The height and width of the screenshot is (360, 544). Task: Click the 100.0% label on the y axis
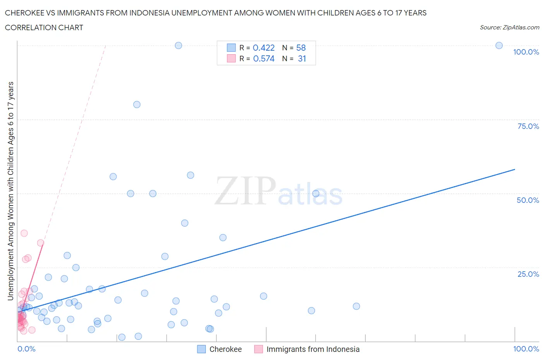pos(526,52)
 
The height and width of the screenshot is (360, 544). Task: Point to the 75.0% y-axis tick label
pos(528,126)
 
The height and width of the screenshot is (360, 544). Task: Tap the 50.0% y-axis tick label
pos(528,200)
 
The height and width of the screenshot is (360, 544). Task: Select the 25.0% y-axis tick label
pos(528,274)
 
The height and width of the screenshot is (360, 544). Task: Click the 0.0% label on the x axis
pos(26,349)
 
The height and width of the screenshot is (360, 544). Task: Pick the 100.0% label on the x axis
pos(526,349)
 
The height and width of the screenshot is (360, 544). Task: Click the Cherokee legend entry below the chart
pos(225,349)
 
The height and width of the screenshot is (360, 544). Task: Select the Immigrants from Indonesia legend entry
pos(313,349)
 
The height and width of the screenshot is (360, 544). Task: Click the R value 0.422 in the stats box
pos(263,48)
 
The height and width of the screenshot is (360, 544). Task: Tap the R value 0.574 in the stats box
pos(263,58)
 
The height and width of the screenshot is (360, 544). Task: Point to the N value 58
pos(301,48)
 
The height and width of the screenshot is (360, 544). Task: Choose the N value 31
pos(302,58)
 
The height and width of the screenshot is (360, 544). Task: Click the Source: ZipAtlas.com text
pos(509,27)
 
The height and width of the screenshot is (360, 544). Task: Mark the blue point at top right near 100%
pos(499,45)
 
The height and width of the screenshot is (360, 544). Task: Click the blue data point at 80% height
pos(137,105)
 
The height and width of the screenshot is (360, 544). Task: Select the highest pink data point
pos(24,233)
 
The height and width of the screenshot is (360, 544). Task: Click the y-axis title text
pos(11,191)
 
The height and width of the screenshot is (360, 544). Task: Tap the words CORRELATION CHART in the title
pos(44,27)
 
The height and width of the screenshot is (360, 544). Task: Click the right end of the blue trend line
pos(515,170)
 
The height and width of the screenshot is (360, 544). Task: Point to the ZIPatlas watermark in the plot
pos(279,191)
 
